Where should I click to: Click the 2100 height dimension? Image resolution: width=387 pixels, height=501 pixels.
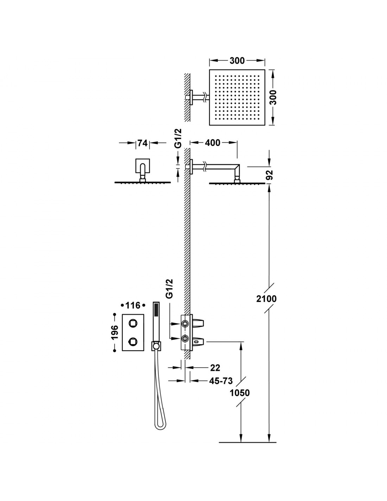(266, 299)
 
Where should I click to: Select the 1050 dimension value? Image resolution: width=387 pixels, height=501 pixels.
(240, 392)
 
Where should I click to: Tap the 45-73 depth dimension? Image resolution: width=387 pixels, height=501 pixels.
(221, 381)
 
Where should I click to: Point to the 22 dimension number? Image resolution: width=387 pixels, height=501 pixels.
(215, 368)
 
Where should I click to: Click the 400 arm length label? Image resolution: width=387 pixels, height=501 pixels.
(212, 143)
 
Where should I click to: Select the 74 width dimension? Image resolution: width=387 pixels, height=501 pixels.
(142, 143)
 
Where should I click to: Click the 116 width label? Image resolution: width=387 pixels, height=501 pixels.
(133, 305)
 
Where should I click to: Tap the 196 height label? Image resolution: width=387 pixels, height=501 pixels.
(114, 332)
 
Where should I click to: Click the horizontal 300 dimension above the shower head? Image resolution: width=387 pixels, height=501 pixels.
(237, 61)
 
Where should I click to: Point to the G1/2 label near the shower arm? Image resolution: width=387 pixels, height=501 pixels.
(178, 138)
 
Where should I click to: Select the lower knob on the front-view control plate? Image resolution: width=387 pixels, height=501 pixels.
(133, 341)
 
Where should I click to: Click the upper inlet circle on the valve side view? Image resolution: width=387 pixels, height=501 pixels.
(185, 324)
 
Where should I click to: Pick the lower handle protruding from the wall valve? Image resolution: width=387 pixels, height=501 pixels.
(198, 342)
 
